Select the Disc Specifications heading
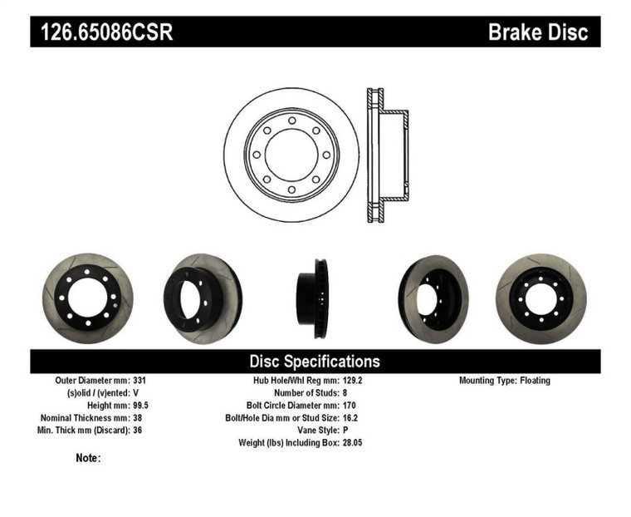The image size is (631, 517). tap(315, 361)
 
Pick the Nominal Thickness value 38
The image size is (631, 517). tap(137, 418)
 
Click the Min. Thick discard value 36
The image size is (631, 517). tap(137, 431)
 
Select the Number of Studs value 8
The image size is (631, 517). tap(345, 393)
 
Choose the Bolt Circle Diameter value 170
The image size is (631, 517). tap(350, 406)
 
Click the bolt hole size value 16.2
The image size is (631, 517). tap(350, 418)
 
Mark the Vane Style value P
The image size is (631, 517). tap(345, 431)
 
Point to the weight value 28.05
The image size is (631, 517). tap(353, 443)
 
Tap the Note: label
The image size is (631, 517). tap(88, 458)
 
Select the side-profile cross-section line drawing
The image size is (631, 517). tap(386, 155)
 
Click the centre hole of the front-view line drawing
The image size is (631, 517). tap(291, 155)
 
